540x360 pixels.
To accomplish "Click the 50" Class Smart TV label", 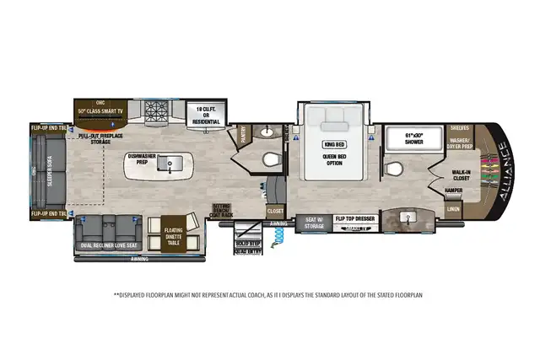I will point(101,110).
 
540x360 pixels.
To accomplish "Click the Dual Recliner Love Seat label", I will point(110,245).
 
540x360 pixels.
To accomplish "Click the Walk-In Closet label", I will point(462,175).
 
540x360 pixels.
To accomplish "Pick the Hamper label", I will point(453,191).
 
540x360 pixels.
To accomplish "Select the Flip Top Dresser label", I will point(355,218).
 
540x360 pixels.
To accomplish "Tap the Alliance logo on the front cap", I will point(504,174).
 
